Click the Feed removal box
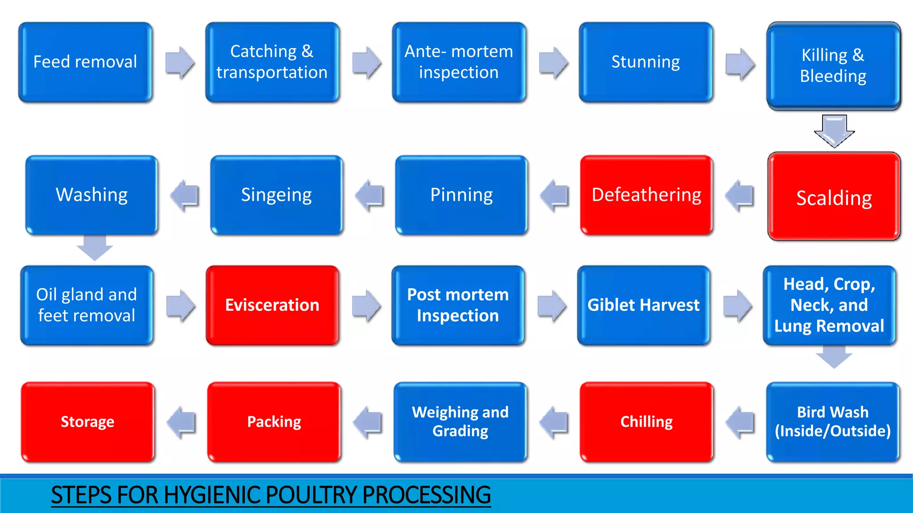pyautogui.click(x=85, y=62)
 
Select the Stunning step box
pyautogui.click(x=646, y=62)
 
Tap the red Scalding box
pyautogui.click(x=834, y=196)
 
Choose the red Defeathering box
pyautogui.click(x=646, y=195)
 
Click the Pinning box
pyautogui.click(x=461, y=195)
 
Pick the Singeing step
pyautogui.click(x=276, y=195)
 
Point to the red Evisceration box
pyautogui.click(x=272, y=305)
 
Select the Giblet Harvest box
pyautogui.click(x=643, y=305)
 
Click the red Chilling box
pyautogui.click(x=646, y=421)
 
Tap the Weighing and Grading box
pyautogui.click(x=460, y=421)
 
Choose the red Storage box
pyautogui.click(x=87, y=421)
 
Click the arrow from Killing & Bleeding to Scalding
pyautogui.click(x=834, y=130)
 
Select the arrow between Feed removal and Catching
pyautogui.click(x=180, y=62)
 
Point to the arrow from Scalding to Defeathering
pyautogui.click(x=740, y=195)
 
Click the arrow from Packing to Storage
pyautogui.click(x=181, y=422)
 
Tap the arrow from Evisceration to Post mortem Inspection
pyautogui.click(x=366, y=305)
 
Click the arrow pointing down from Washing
pyautogui.click(x=95, y=248)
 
